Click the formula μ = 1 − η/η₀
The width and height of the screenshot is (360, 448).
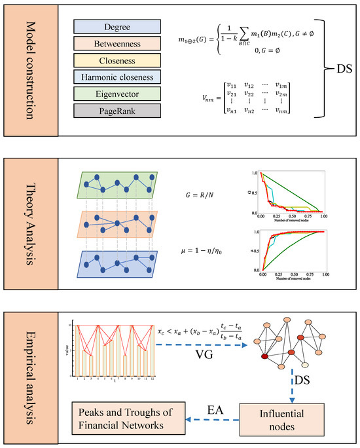click(x=204, y=249)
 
